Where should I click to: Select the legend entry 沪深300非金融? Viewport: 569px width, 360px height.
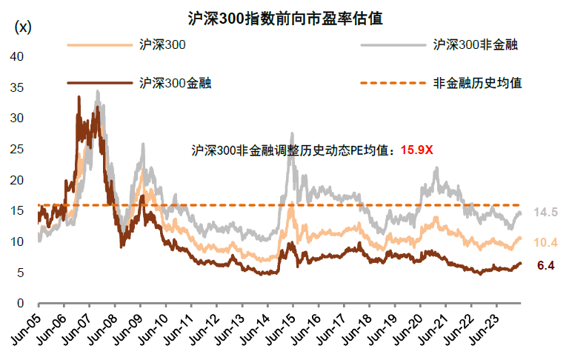click(x=475, y=44)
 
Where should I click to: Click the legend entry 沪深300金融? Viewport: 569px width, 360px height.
click(x=176, y=82)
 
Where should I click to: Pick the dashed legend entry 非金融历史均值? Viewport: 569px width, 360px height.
click(x=477, y=82)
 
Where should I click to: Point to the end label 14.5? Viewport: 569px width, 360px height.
click(x=545, y=213)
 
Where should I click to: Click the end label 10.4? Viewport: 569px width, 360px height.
click(x=545, y=242)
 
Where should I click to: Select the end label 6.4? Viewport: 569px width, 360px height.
click(x=545, y=264)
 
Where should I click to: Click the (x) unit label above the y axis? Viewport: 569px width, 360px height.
click(x=23, y=27)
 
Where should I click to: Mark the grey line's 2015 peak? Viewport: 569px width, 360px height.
click(x=291, y=133)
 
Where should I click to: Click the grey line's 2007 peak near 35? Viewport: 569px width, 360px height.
click(x=97, y=91)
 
